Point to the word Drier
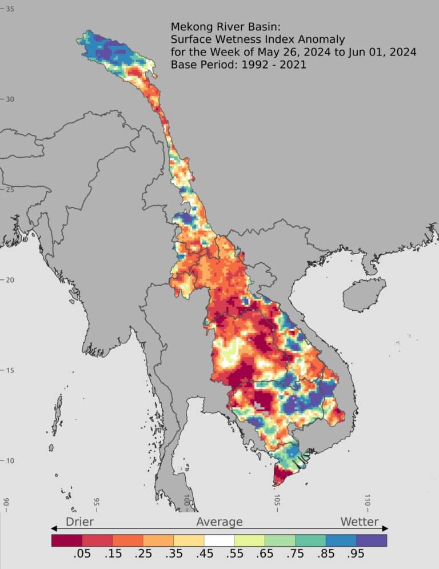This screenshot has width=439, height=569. click(79, 522)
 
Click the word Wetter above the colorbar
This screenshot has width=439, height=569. click(360, 522)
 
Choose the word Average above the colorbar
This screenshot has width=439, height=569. click(219, 522)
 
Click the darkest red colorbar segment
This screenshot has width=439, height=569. click(66, 540)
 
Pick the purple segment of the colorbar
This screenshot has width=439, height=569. click(372, 540)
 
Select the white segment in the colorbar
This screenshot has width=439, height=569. click(219, 540)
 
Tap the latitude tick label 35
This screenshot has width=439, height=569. click(10, 9)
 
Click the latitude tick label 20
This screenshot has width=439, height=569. click(10, 280)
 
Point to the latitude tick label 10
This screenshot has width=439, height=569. click(10, 461)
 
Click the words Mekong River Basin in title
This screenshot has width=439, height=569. click(218, 26)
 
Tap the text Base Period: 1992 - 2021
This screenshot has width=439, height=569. click(238, 65)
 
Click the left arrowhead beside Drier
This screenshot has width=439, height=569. click(54, 528)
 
